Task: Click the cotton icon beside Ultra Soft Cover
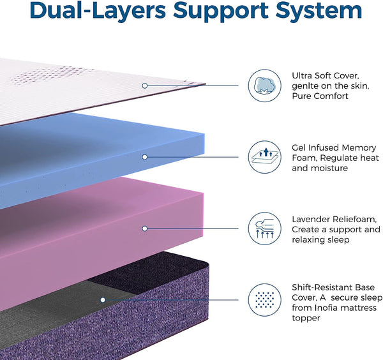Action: [265, 86]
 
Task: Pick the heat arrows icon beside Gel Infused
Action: [265, 157]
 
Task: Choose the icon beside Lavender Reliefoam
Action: [265, 229]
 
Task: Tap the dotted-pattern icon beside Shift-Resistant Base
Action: [265, 300]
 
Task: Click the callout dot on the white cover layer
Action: [145, 85]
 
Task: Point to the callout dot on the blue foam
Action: [145, 156]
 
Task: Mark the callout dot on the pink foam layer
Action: [145, 228]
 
